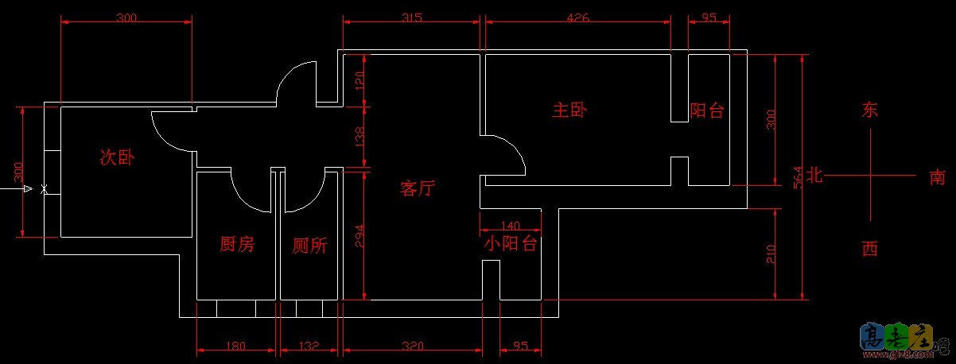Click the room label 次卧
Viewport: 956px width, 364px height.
(117, 157)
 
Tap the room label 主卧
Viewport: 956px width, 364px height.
(569, 110)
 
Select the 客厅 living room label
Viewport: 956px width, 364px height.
(418, 188)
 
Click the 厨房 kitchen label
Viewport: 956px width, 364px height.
(236, 245)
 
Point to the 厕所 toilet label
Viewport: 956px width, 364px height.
(309, 246)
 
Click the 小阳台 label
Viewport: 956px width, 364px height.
(510, 243)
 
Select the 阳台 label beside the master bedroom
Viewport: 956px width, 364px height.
(707, 110)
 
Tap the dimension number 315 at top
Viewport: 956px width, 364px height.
(411, 17)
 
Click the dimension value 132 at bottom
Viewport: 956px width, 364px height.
(309, 346)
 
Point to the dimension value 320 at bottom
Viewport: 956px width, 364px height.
(411, 346)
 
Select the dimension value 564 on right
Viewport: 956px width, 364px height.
(799, 176)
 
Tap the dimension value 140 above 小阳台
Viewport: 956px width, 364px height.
(511, 226)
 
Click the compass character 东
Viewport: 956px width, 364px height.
(870, 111)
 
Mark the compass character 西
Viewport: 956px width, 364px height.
(870, 250)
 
